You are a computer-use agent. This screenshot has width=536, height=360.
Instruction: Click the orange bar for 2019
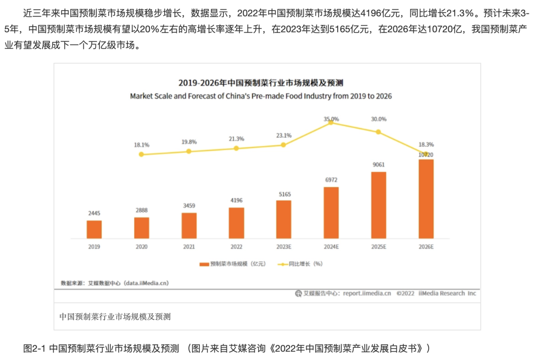(94, 229)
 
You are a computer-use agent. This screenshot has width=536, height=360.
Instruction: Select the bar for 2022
(236, 223)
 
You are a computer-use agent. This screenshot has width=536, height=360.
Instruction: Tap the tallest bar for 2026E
(426, 199)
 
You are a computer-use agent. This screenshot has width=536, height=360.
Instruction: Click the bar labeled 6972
(331, 213)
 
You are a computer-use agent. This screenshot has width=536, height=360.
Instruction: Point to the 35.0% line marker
(331, 123)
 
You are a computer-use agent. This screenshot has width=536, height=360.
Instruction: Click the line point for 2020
(141, 154)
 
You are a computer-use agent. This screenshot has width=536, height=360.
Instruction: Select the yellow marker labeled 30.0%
(378, 132)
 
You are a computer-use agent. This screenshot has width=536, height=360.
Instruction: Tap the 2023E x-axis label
(283, 247)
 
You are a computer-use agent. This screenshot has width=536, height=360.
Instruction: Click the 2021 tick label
(189, 247)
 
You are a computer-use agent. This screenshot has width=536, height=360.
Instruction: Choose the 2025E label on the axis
(378, 247)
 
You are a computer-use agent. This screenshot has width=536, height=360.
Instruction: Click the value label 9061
(379, 165)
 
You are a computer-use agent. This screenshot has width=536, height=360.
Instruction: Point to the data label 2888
(141, 210)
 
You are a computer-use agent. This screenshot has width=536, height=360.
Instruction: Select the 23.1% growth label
(283, 135)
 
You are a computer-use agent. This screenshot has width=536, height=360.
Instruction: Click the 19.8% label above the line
(189, 142)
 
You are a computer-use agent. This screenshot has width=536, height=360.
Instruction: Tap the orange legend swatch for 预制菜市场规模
(204, 264)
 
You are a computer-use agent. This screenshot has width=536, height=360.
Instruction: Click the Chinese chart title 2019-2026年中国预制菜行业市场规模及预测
(261, 82)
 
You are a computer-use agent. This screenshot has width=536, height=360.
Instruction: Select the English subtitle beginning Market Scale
(261, 96)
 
